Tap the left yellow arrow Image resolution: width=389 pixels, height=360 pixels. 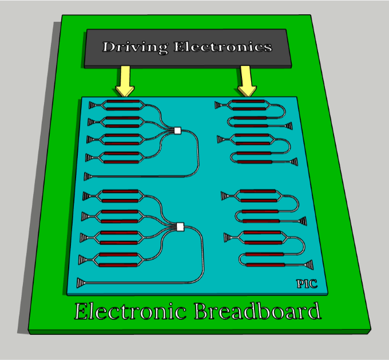(x=124, y=81)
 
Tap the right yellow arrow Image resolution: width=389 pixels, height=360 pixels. (x=247, y=81)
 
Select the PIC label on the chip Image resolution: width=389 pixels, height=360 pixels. (x=306, y=283)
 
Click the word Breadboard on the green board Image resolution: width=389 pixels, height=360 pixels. (x=257, y=312)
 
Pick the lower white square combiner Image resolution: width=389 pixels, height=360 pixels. (x=181, y=227)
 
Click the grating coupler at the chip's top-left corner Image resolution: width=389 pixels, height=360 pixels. (x=92, y=104)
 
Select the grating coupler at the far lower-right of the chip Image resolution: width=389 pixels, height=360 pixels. (x=308, y=264)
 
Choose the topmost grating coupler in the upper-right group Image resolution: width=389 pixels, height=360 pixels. (x=219, y=105)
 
